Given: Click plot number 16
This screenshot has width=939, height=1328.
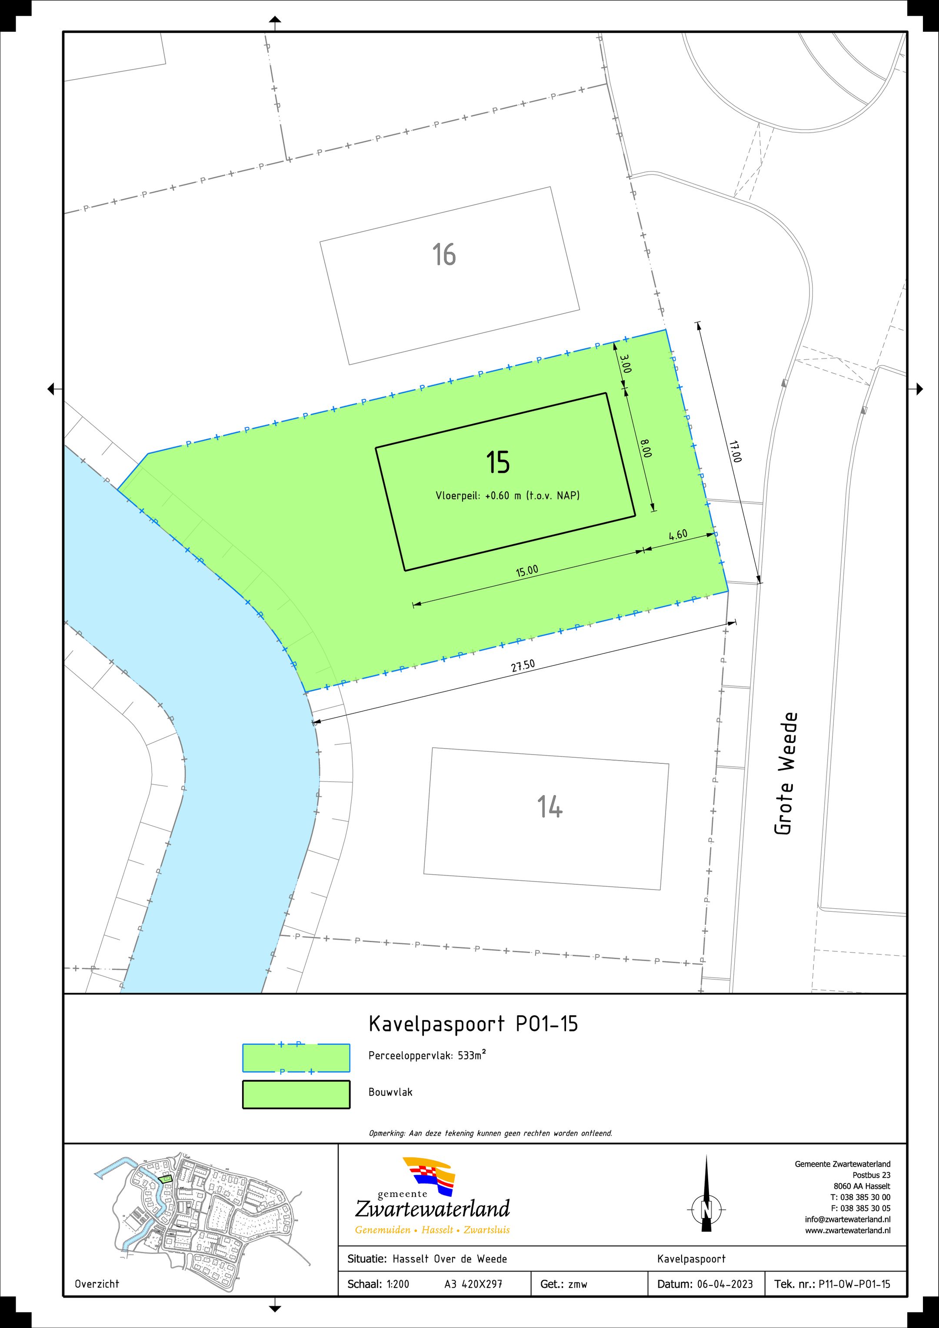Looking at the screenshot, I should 444,254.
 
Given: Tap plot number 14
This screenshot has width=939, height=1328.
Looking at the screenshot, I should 549,806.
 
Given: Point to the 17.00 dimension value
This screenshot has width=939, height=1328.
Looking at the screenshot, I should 735,452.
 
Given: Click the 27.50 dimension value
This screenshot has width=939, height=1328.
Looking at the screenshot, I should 523,666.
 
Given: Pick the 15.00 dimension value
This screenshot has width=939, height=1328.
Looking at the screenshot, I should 527,571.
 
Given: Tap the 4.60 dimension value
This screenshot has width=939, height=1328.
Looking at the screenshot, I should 678,535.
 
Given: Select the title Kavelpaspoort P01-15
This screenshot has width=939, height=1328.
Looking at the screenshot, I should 473,1024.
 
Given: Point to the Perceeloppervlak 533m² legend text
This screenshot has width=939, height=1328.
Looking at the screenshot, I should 427,1055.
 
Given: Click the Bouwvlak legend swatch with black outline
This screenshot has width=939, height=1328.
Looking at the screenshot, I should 296,1094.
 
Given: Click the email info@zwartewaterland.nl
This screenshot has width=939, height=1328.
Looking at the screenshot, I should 848,1219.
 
